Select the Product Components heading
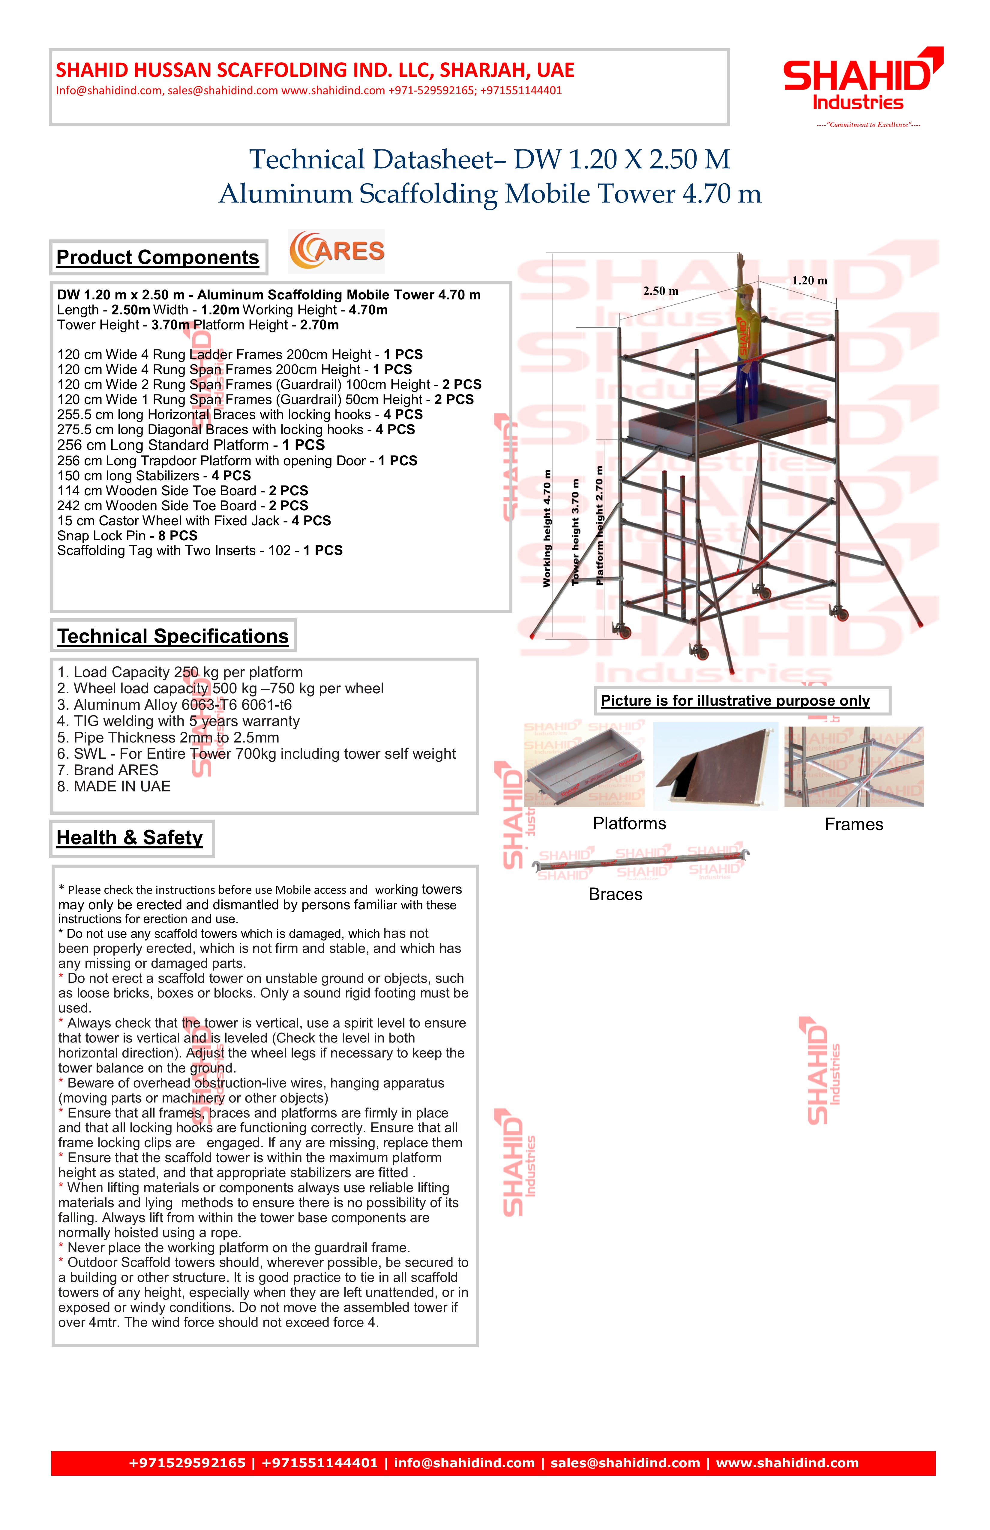coord(157,257)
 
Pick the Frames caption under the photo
coord(854,825)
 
